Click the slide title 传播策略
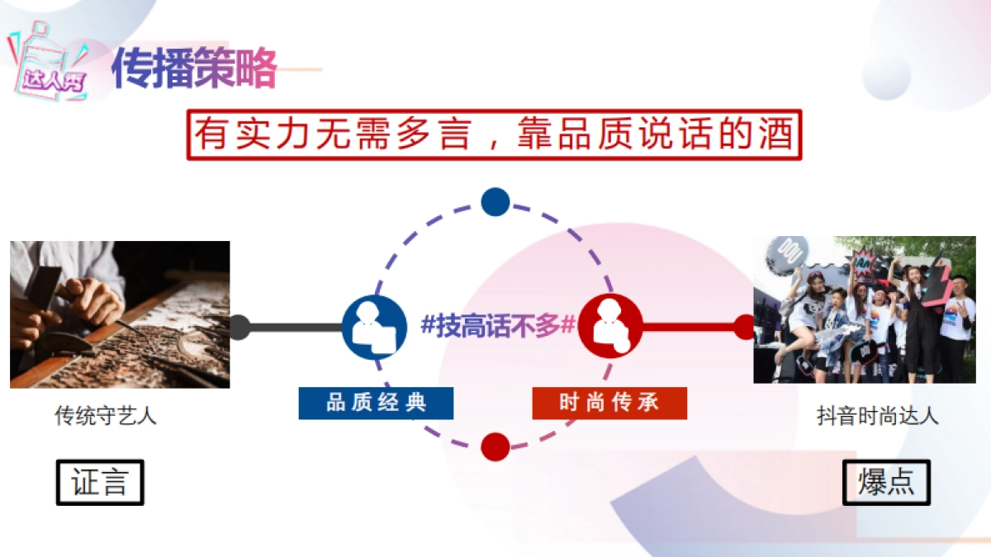click(194, 68)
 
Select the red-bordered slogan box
click(494, 135)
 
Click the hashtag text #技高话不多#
click(498, 325)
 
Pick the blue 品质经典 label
click(376, 403)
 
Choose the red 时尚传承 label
click(609, 403)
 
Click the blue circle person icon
click(374, 327)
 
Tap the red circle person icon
click(610, 327)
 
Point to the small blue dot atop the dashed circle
click(495, 202)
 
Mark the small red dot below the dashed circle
click(495, 446)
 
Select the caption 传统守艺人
click(106, 416)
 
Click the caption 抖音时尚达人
click(878, 416)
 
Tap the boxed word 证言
click(100, 483)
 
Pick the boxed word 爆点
click(886, 483)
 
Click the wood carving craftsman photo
click(120, 314)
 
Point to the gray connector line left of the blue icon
click(293, 328)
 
